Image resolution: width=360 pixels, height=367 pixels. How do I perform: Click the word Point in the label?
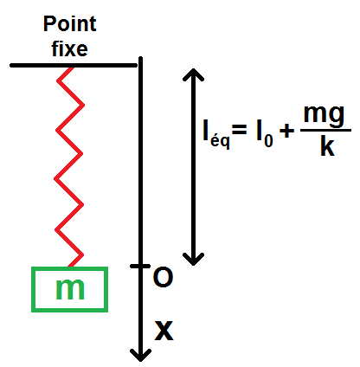(x=69, y=23)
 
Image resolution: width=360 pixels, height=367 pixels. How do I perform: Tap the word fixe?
(x=69, y=48)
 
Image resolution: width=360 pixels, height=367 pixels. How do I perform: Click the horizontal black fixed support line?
(x=74, y=66)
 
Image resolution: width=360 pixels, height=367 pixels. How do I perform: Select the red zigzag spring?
(x=69, y=167)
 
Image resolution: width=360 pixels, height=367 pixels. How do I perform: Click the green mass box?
(x=69, y=289)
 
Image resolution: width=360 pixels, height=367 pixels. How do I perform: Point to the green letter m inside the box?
(x=70, y=289)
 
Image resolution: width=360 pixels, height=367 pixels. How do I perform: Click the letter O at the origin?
(x=163, y=277)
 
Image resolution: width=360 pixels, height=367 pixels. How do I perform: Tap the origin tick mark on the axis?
(x=140, y=266)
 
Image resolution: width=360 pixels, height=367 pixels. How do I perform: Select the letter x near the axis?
(x=164, y=331)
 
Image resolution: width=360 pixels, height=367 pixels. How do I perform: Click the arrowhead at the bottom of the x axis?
(x=140, y=356)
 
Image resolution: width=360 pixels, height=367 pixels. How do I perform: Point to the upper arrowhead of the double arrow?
(x=193, y=74)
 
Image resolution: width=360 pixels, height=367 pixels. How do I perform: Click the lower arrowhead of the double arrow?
(x=193, y=259)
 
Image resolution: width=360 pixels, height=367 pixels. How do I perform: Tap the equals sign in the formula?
(x=240, y=129)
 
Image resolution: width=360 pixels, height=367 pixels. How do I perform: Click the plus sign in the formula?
(x=286, y=132)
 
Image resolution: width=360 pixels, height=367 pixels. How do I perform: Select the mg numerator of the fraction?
(x=324, y=115)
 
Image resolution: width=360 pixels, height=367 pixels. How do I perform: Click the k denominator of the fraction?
(x=327, y=146)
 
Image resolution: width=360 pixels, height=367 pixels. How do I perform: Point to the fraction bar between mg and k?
(x=325, y=131)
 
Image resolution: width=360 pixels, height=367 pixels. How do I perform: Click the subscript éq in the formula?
(x=220, y=141)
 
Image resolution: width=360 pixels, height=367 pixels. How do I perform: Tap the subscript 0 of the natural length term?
(x=268, y=141)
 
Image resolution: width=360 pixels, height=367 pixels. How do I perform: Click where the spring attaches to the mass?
(x=70, y=267)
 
